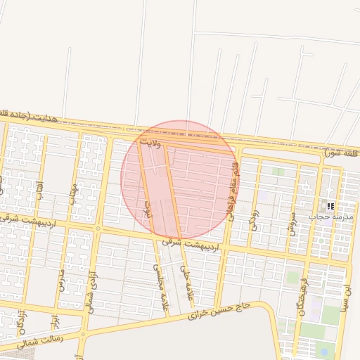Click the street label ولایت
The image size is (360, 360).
(151, 143)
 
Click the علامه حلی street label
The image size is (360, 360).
(186, 278)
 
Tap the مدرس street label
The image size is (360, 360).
(60, 278)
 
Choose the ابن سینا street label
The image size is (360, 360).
(345, 297)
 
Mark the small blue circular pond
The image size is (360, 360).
(323, 351)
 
